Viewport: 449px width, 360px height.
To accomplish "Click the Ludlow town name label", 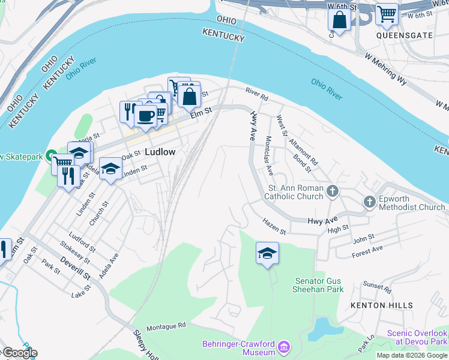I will [160, 152].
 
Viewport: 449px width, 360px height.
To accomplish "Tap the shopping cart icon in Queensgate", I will [387, 13].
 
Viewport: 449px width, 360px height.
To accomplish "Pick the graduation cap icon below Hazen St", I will [267, 253].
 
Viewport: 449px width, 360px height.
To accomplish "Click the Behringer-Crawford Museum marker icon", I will [285, 346].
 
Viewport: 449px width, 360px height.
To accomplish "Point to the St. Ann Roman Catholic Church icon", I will [333, 192].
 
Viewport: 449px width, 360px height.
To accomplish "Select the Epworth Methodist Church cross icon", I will [370, 203].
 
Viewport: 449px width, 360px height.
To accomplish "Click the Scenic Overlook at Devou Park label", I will [417, 337].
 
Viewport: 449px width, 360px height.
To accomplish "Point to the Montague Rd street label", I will [166, 326].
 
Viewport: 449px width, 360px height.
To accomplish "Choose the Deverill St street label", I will [74, 268].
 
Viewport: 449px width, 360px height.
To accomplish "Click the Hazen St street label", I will [274, 226].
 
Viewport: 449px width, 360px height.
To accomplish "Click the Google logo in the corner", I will [19, 353].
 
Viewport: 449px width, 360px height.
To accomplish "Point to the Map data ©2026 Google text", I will [412, 355].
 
